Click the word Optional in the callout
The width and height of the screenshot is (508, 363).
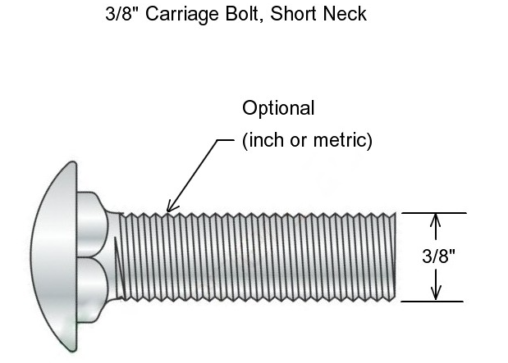coord(278,108)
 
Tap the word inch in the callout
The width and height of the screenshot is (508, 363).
coord(264,140)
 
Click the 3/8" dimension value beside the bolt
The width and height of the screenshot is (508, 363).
coord(439,256)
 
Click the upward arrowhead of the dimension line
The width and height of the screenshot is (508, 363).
coord(436,219)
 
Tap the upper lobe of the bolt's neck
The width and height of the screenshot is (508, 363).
coord(94,222)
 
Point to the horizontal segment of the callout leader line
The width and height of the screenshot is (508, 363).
coord(227,140)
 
